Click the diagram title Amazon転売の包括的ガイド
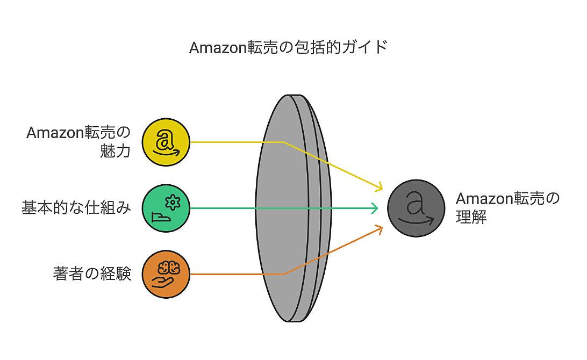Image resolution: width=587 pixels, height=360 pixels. pos(288,47)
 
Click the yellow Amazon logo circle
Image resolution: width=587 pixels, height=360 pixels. pos(166,142)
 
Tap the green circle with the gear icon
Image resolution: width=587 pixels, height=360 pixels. pos(166,208)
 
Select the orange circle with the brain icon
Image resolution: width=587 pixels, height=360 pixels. pos(166,275)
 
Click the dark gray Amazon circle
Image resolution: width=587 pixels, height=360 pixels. pos(416,208)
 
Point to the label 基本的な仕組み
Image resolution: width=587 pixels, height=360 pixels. pos(76,208)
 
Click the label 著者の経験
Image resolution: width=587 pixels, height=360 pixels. pos(92,273)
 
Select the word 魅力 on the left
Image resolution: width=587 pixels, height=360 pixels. pos(115,151)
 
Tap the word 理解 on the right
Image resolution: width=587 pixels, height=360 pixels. pos(471,217)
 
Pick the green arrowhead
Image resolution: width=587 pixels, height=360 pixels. pos(375,208)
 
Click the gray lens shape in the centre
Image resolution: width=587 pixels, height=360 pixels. pos(293,208)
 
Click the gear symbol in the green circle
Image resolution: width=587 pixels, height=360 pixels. pos(173,203)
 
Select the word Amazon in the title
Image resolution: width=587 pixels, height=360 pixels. pos(218,48)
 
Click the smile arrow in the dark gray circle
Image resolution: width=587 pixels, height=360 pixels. pos(416,220)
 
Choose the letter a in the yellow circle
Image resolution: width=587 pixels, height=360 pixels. pos(164,140)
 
